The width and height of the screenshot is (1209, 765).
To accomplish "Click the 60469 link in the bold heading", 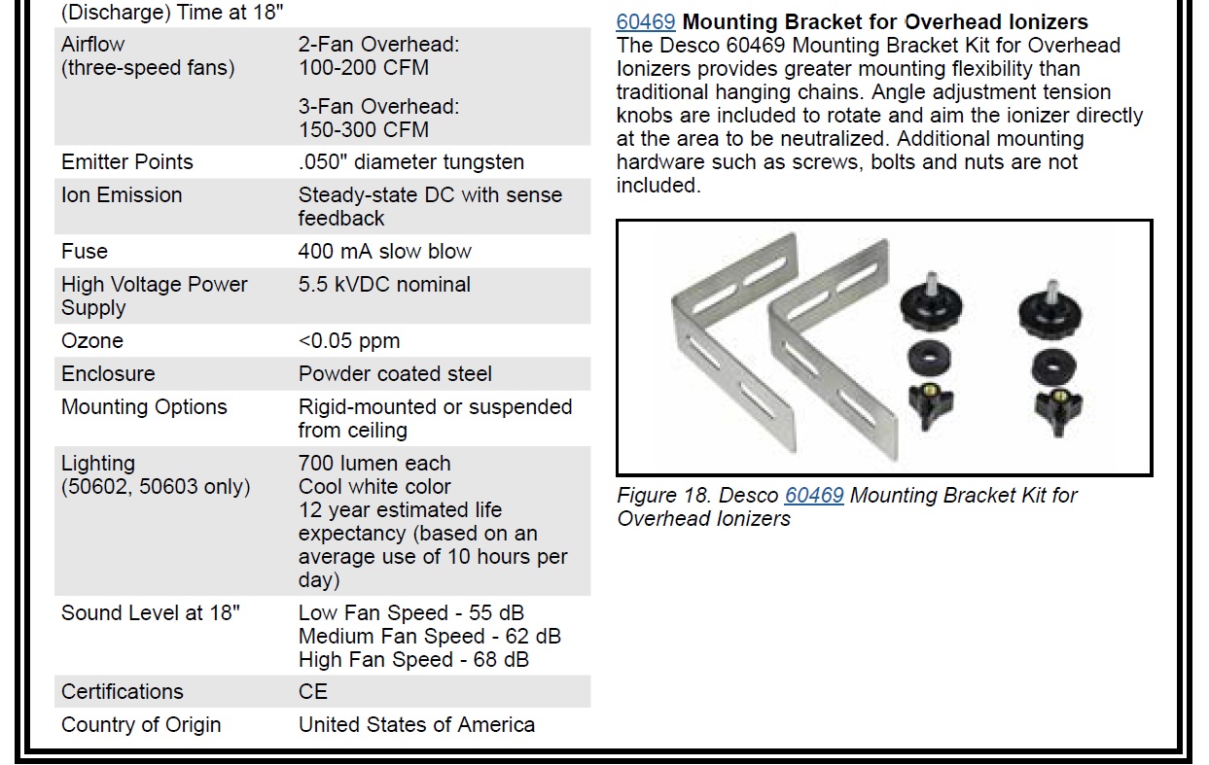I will [645, 21].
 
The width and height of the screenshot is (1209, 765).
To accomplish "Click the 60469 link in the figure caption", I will [814, 495].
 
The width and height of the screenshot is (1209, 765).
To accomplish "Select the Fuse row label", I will [85, 251].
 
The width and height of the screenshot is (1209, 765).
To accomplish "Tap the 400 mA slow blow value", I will [384, 251].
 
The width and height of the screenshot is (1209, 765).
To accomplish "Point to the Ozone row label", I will [92, 340].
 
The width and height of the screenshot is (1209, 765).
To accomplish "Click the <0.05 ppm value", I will [349, 340].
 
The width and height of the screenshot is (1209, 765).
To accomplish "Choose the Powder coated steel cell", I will [395, 373].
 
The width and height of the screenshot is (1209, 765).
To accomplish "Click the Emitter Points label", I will [127, 161].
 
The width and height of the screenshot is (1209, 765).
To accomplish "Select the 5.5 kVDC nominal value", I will [384, 284].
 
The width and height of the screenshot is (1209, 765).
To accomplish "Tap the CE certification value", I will [313, 691].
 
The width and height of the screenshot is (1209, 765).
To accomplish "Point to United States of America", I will [416, 724].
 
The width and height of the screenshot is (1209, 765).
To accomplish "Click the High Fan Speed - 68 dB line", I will [413, 659].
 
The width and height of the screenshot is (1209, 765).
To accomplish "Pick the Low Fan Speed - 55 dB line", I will [411, 612].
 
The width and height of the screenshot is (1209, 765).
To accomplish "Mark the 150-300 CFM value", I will [364, 129].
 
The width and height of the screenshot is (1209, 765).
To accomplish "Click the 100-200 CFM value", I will [364, 67].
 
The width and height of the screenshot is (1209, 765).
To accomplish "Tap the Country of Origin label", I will [141, 724].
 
